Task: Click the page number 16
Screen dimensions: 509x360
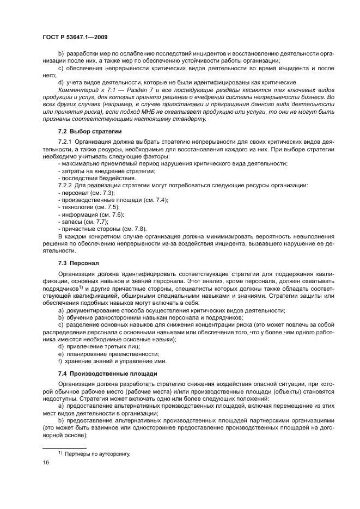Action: [x=46, y=462]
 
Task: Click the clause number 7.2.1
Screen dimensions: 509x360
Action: [x=65, y=142]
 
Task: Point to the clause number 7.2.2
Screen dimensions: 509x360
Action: [x=65, y=186]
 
